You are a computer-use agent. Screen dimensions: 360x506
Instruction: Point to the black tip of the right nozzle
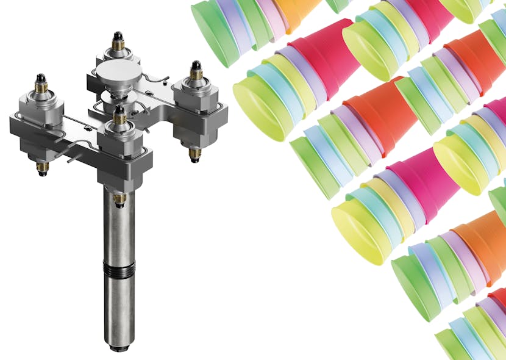click(x=196, y=64)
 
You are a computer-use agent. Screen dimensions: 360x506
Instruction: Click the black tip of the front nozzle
click(x=119, y=110)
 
